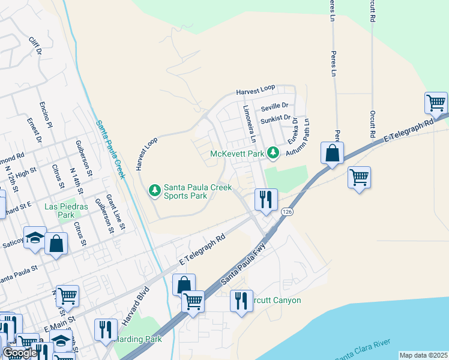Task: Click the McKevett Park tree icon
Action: tap(274, 154)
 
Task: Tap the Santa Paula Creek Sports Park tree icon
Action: tap(155, 191)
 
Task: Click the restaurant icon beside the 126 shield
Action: tap(265, 199)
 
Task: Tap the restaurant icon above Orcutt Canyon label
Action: tap(241, 300)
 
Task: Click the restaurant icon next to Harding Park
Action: tap(106, 329)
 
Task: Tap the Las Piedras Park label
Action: tap(67, 211)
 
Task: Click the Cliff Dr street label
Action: tap(35, 46)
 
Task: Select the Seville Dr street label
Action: tap(276, 107)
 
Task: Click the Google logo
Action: tap(20, 353)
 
